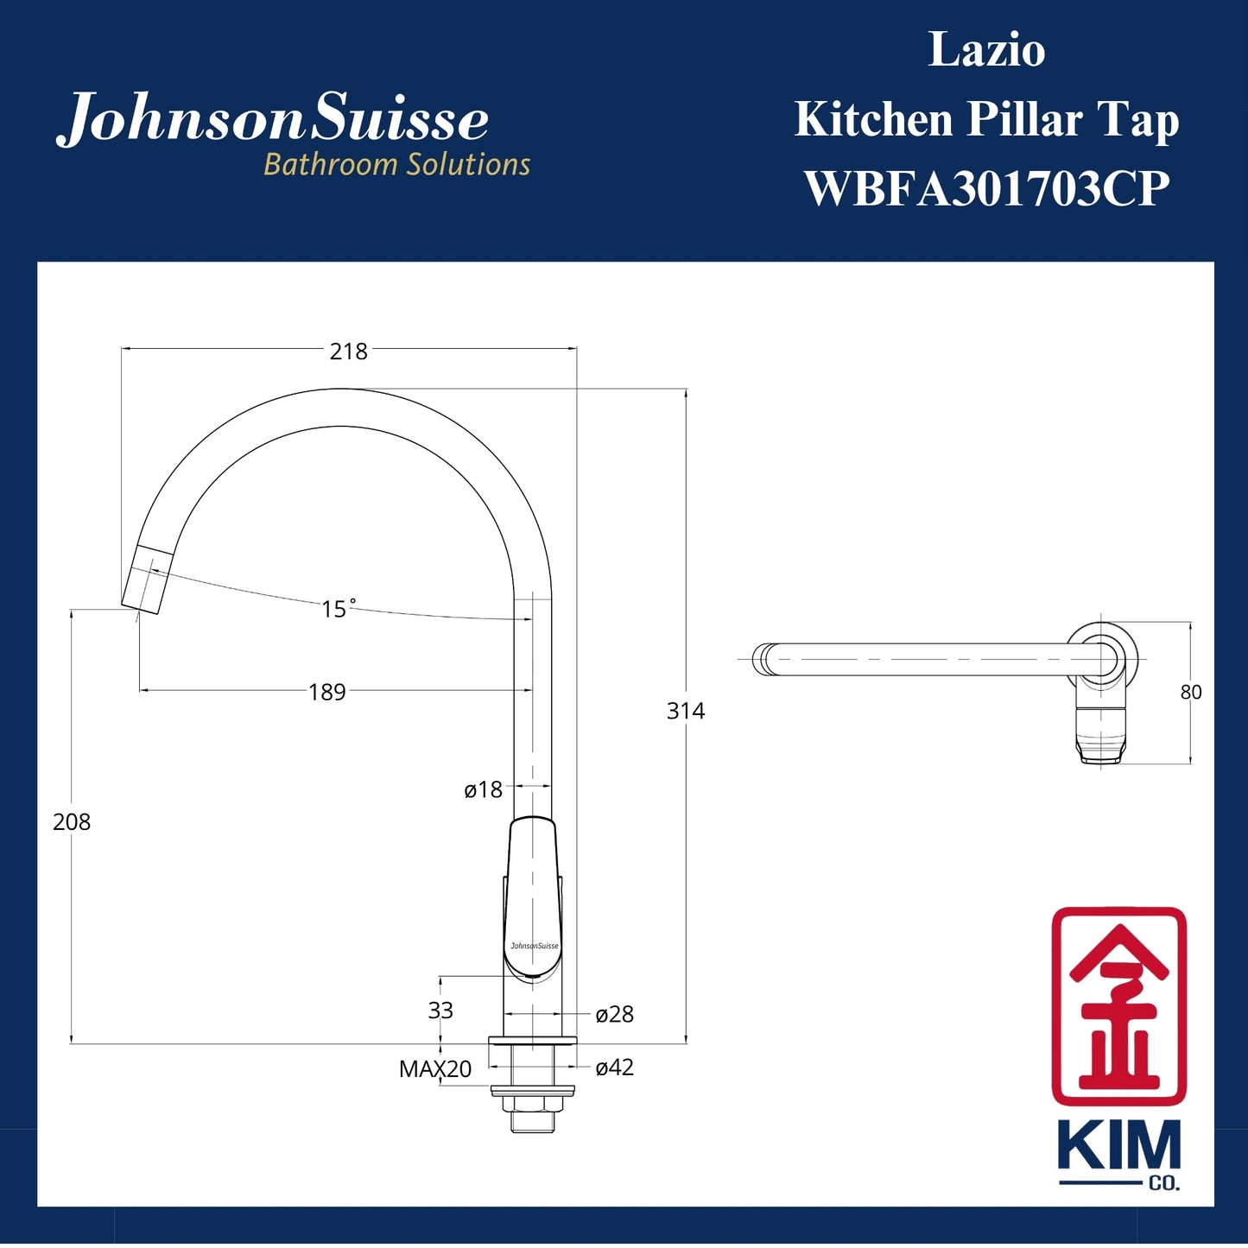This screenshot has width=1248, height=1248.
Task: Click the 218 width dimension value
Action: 348,352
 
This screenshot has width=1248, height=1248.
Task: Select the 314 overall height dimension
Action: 686,711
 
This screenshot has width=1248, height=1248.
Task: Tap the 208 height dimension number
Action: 72,822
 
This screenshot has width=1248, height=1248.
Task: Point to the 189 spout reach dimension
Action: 327,692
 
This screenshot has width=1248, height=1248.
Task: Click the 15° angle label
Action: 338,609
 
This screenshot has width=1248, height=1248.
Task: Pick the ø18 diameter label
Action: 483,789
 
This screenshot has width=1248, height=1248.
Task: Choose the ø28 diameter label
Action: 615,1014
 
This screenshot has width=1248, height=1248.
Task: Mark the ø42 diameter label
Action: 615,1067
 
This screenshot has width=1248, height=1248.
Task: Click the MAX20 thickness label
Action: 435,1069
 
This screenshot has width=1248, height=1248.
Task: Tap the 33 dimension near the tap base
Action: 440,1010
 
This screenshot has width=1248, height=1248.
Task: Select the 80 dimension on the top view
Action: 1191,692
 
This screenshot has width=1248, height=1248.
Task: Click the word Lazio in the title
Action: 986,50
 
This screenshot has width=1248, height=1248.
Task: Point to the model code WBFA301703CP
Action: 986,188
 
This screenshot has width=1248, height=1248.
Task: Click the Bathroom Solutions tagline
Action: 396,164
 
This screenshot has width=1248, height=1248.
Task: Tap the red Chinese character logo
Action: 1118,1005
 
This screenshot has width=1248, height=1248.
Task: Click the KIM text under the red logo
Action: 1118,1146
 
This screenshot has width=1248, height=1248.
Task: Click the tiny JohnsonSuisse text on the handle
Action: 534,946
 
